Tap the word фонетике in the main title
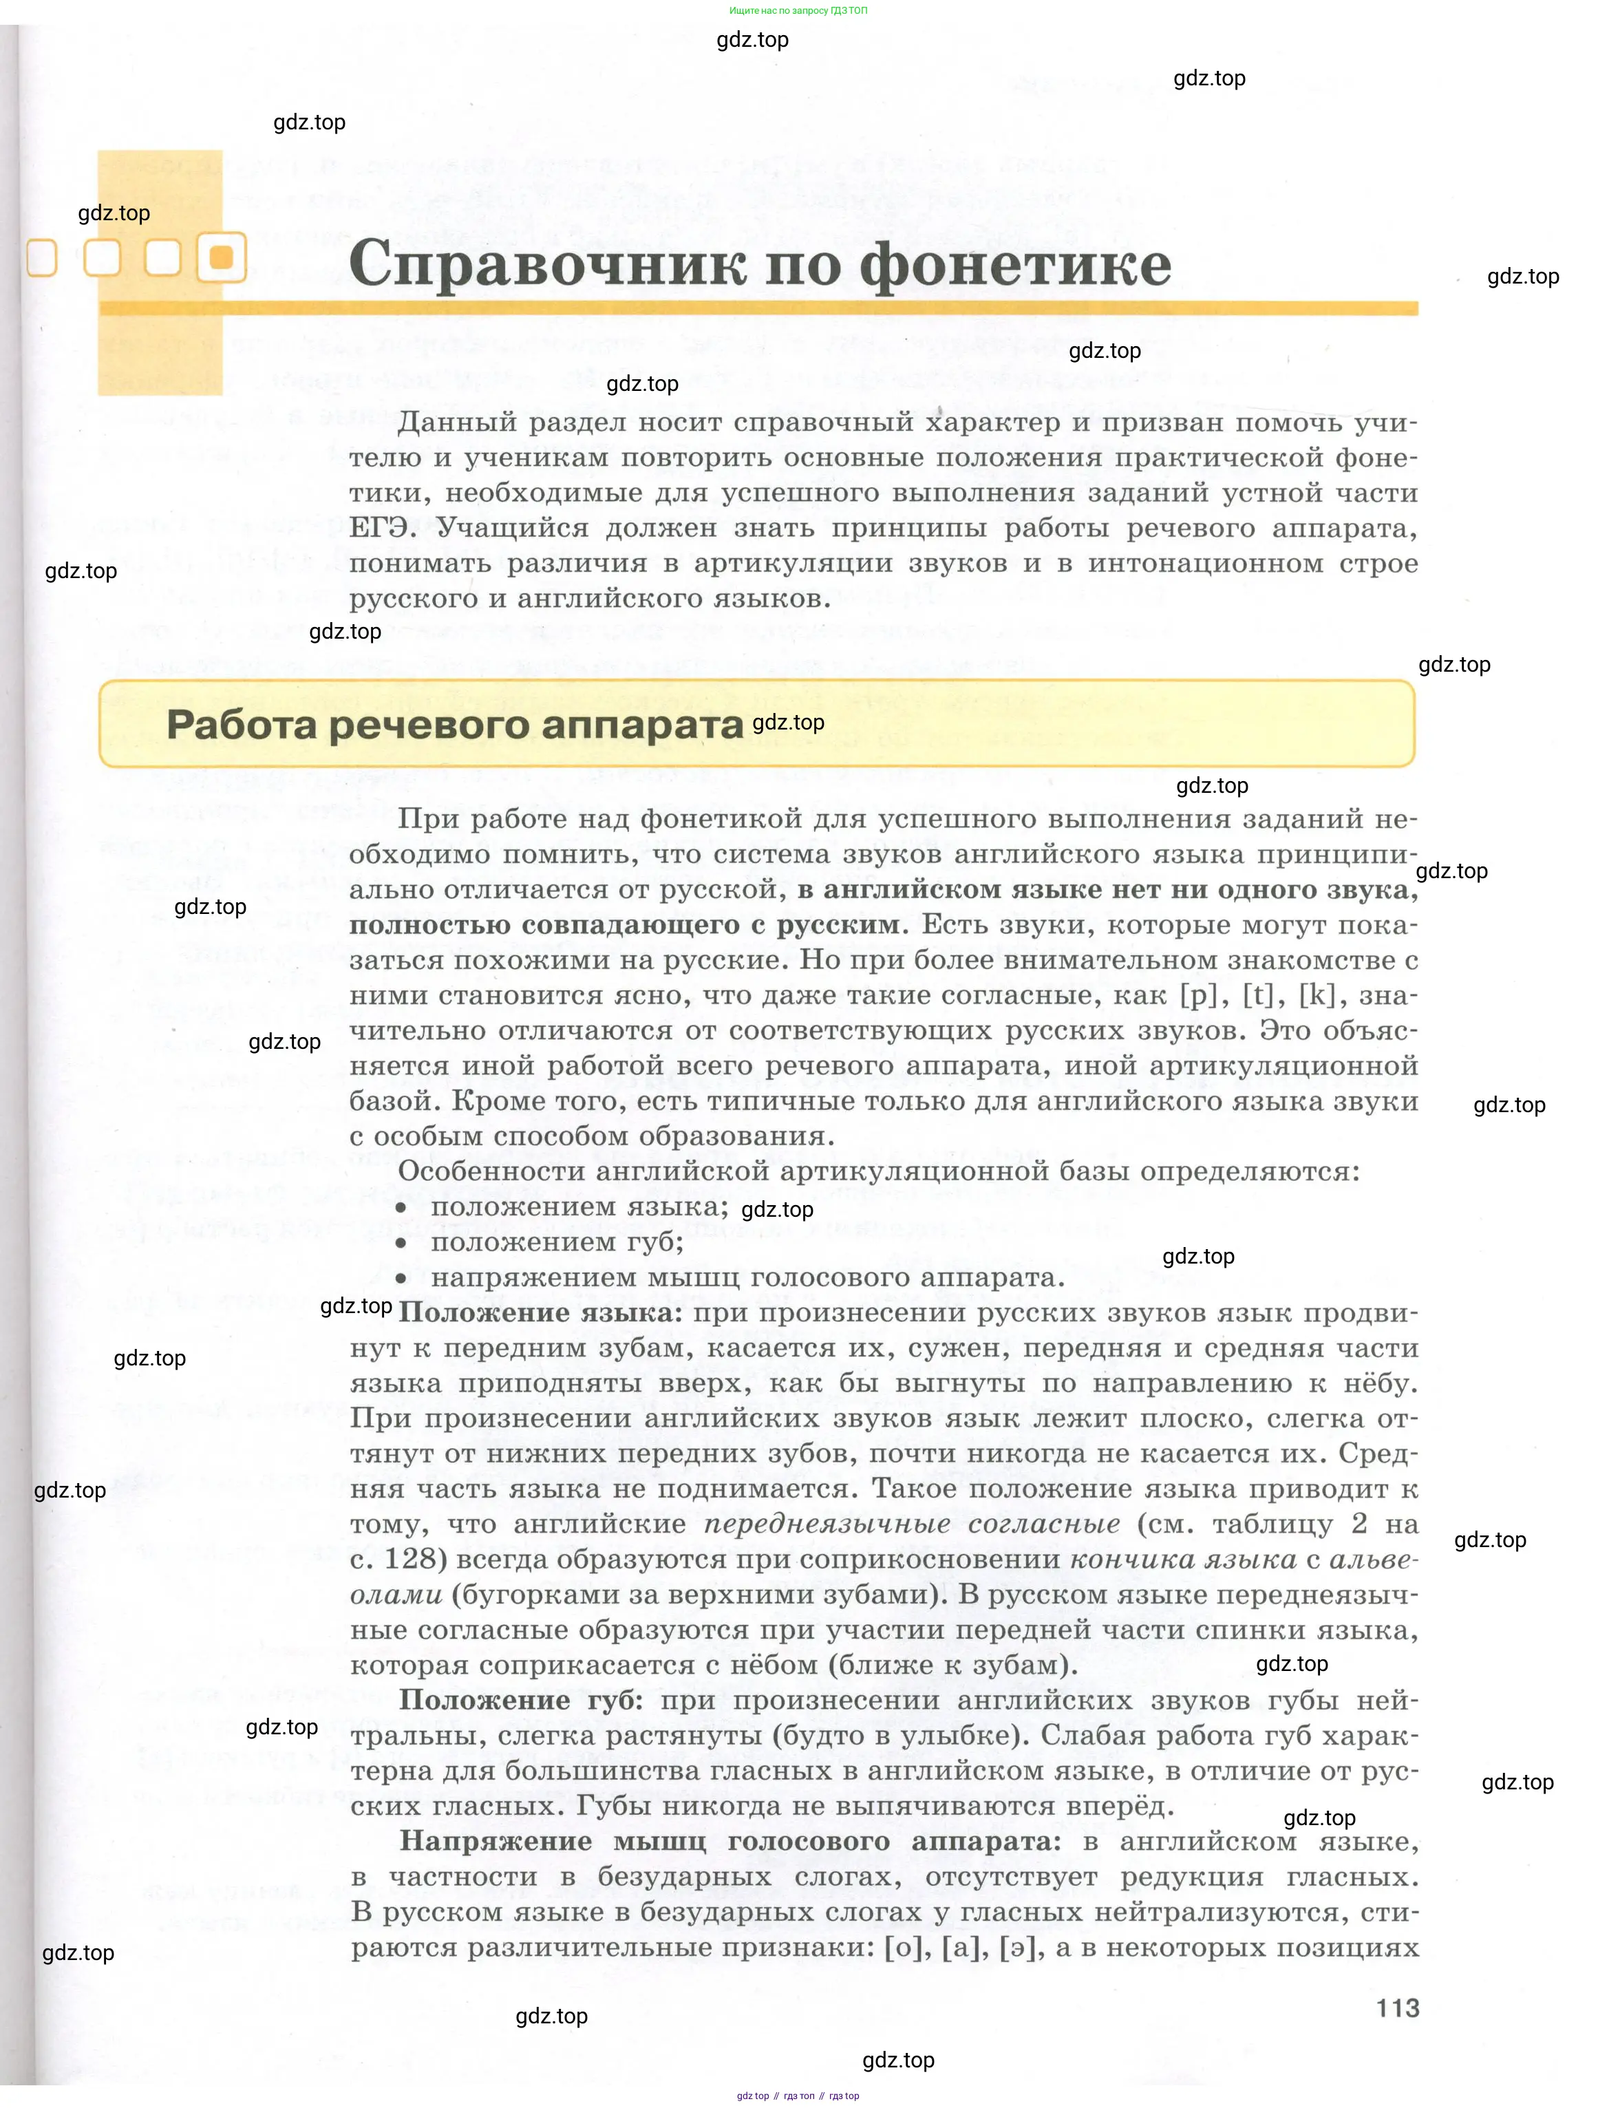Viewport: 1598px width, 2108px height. [1015, 265]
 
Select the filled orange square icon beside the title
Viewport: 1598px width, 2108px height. [221, 257]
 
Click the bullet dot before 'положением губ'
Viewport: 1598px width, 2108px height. [401, 1243]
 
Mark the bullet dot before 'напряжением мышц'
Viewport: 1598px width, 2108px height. [401, 1278]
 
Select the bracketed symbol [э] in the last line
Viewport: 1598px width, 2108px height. [1018, 1947]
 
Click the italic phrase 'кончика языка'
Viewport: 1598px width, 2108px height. [1182, 1559]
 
